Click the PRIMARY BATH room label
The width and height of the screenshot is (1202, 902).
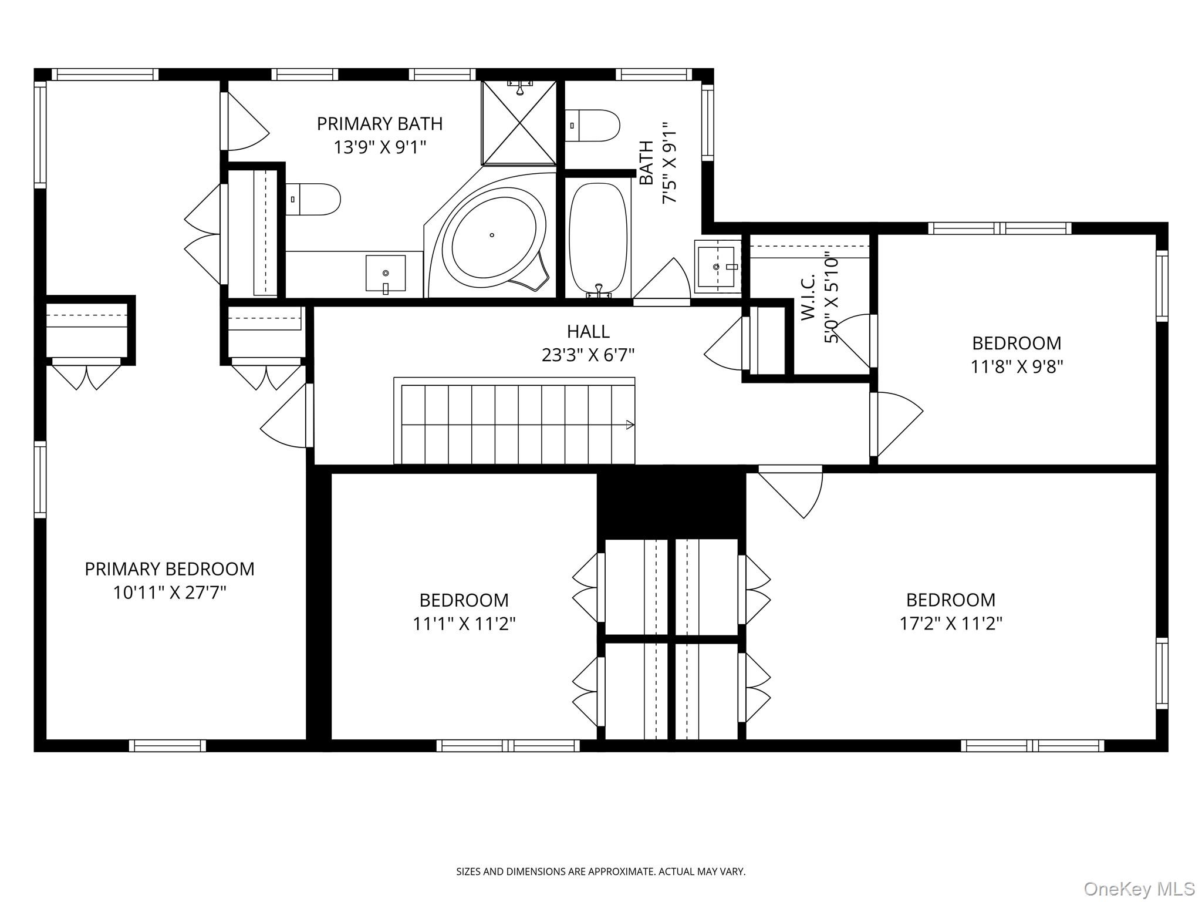coord(379,124)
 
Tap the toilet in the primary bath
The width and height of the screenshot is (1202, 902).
coord(313,199)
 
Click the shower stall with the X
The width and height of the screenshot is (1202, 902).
coord(519,123)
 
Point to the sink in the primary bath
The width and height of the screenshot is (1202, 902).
coord(385,273)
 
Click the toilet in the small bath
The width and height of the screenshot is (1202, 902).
coord(593,125)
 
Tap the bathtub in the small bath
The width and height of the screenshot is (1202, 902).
coord(597,237)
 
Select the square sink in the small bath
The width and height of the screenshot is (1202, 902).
coord(717,267)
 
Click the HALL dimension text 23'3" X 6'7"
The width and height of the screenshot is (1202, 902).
coord(588,355)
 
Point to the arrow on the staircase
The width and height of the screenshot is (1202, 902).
coord(630,425)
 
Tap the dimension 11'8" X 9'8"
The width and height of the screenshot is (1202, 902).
coord(1017,367)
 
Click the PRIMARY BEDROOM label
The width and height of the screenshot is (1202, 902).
coord(170,569)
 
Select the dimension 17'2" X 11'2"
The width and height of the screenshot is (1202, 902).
coord(951,624)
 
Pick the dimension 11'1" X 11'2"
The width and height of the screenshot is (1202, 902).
coord(464,624)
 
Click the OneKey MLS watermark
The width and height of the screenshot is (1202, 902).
coord(1139,888)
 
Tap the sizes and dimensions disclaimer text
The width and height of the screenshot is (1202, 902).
coord(600,872)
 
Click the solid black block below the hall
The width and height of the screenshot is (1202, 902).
coord(671,502)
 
